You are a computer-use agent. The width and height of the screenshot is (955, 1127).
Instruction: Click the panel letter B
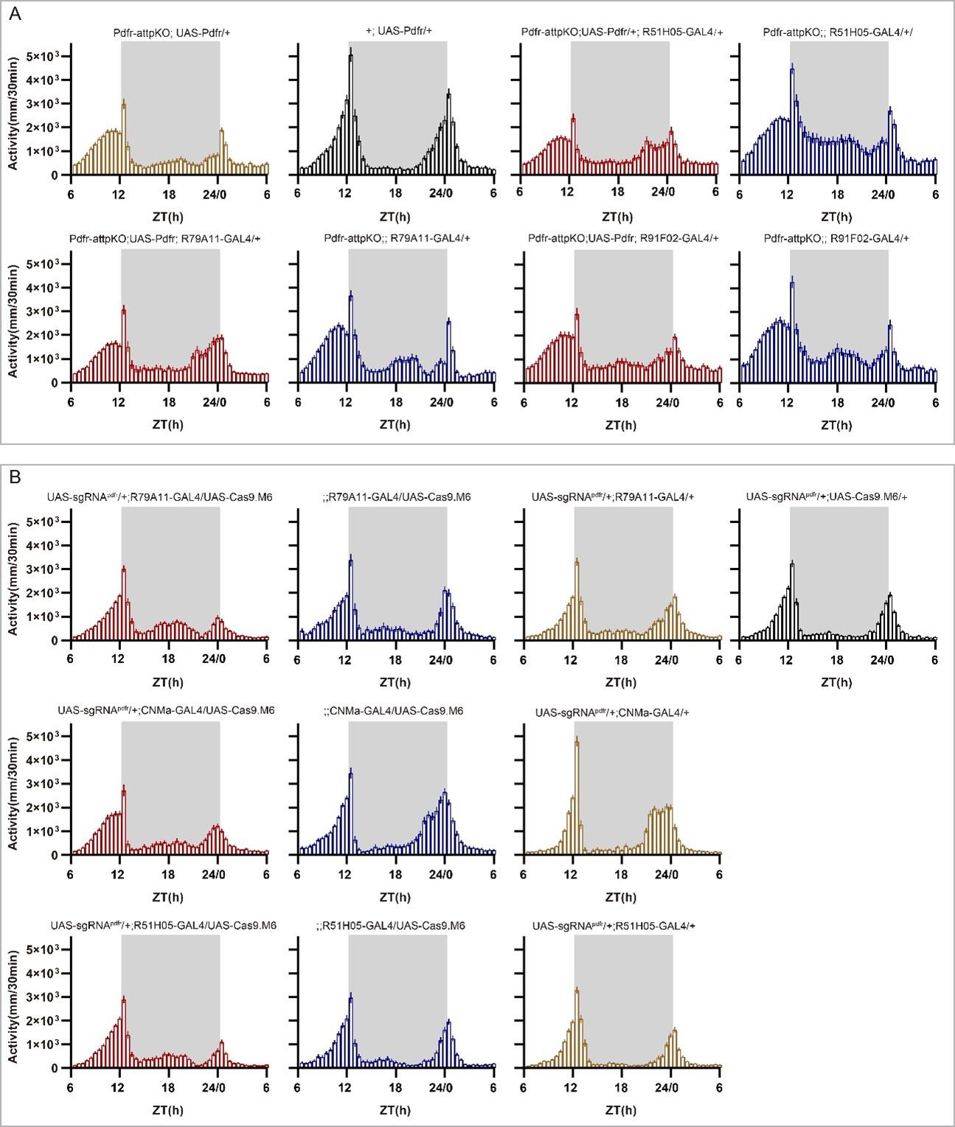(x=15, y=478)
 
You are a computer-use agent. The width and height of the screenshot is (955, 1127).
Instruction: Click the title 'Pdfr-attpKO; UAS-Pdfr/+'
(x=170, y=32)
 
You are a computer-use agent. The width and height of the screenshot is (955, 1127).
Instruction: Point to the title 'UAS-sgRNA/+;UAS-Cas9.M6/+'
(x=827, y=497)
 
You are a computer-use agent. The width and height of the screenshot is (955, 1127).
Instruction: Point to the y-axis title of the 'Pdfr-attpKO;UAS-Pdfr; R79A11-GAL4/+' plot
(x=13, y=319)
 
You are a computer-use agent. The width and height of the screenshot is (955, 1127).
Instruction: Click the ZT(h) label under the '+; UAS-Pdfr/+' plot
(x=395, y=217)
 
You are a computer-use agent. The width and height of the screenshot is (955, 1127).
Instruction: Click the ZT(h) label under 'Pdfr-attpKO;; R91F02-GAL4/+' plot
(x=836, y=425)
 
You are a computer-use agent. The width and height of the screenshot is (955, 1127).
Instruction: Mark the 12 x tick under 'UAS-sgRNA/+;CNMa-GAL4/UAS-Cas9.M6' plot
(x=119, y=874)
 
